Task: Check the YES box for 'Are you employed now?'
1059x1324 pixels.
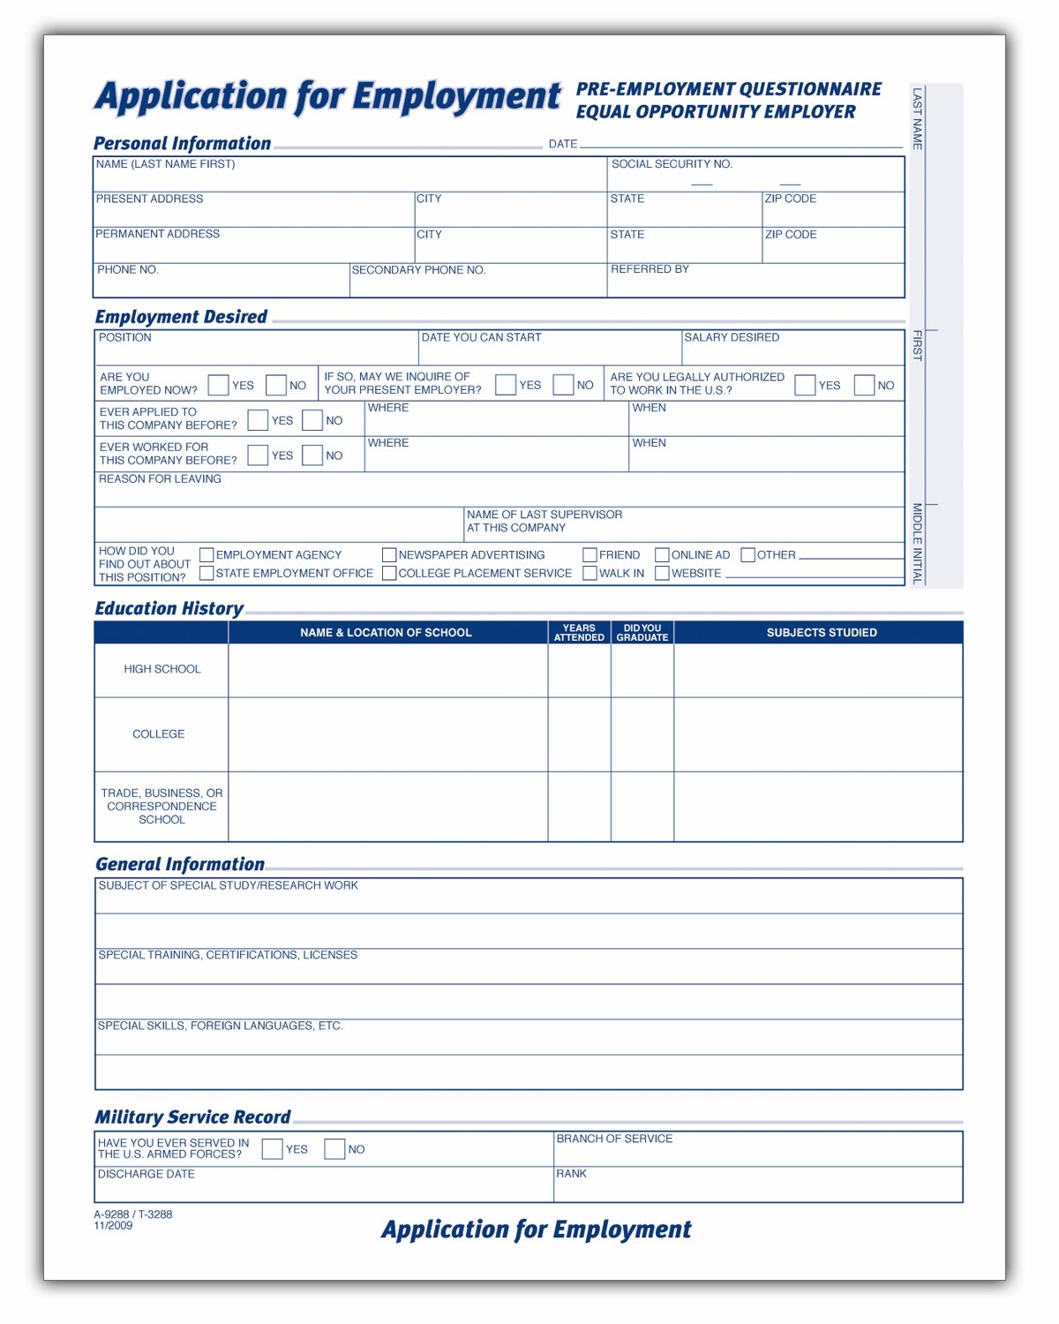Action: click(x=218, y=386)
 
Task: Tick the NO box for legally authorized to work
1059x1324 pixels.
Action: click(x=864, y=386)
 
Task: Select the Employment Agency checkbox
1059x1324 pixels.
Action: click(x=207, y=555)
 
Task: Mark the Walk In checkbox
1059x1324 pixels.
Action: click(x=590, y=574)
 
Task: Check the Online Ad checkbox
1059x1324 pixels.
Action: click(x=662, y=555)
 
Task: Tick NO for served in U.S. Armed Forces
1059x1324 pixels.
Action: click(x=334, y=1149)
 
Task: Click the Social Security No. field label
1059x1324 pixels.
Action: click(x=672, y=164)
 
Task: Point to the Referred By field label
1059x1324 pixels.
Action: click(x=650, y=269)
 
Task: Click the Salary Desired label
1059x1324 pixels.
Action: click(x=732, y=337)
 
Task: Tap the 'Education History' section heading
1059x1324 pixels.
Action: click(x=169, y=608)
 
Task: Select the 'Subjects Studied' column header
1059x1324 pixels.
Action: click(x=822, y=633)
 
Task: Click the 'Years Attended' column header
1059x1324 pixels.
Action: click(x=579, y=633)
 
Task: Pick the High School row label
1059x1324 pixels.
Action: click(x=161, y=669)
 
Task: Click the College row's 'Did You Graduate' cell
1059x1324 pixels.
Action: click(x=642, y=734)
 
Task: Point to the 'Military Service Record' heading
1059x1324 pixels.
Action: click(x=192, y=1117)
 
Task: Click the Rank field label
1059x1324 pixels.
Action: click(x=571, y=1174)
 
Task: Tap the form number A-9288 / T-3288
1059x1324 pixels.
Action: click(x=133, y=1215)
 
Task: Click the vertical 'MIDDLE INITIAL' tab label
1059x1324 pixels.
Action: click(x=917, y=544)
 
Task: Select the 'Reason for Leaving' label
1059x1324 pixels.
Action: click(x=160, y=479)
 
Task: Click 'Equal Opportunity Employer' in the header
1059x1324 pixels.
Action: click(x=716, y=112)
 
